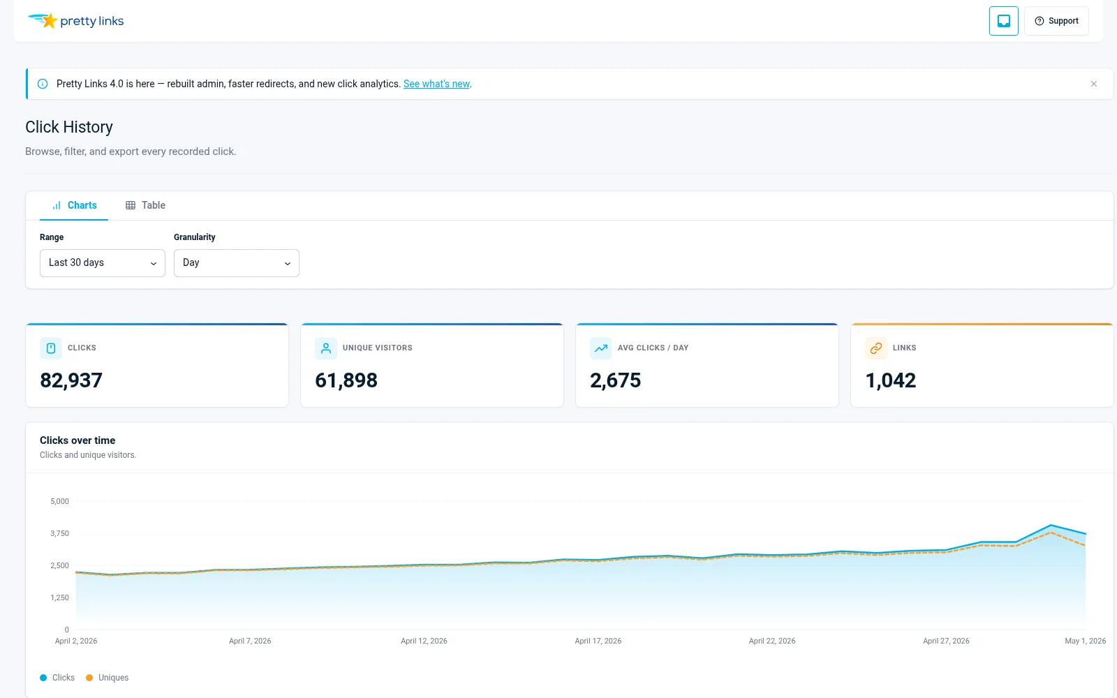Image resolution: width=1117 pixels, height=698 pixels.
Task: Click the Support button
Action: [x=1056, y=21]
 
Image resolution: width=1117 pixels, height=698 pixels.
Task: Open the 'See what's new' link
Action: [x=436, y=84]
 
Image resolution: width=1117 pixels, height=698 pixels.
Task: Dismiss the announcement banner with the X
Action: [x=1093, y=84]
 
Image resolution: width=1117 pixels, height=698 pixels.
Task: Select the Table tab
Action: [x=145, y=205]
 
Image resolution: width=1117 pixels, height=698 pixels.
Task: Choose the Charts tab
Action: [x=74, y=205]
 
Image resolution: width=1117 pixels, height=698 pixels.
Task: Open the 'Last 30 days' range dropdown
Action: [x=102, y=262]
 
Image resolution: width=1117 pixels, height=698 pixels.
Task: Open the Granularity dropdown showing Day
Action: [x=237, y=262]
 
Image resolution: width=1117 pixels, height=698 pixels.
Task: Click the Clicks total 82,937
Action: [x=71, y=380]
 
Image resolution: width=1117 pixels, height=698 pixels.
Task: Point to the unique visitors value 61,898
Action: [x=346, y=380]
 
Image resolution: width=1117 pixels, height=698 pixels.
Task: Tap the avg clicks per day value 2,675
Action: [x=615, y=380]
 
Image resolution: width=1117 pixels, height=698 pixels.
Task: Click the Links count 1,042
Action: [x=891, y=380]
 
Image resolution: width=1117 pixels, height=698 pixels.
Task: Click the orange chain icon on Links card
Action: [x=876, y=348]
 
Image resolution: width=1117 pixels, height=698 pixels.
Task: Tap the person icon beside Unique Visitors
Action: [x=325, y=348]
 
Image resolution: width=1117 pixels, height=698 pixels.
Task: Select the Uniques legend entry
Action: [x=108, y=678]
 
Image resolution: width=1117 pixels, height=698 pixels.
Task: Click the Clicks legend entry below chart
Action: [x=57, y=678]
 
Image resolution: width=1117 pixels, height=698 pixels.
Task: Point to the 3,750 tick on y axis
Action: [x=59, y=533]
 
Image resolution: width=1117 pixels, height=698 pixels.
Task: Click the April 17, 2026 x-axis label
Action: [x=598, y=641]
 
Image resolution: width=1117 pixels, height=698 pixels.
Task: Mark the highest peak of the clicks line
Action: [x=1051, y=525]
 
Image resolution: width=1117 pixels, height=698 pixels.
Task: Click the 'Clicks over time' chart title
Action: [x=77, y=440]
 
